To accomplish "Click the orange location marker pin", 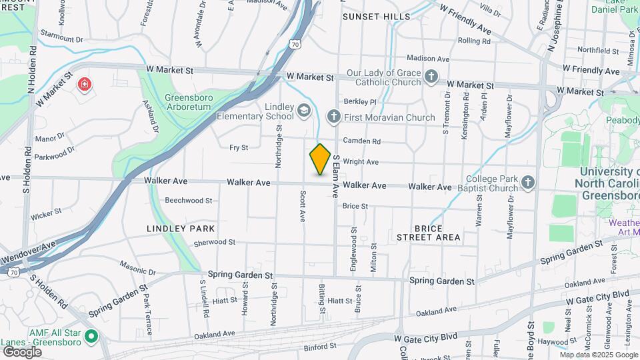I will [x=321, y=159].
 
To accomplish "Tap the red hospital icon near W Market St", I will [x=85, y=84].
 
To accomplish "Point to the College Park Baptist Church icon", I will [x=528, y=182].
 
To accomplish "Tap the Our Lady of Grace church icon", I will [x=431, y=76].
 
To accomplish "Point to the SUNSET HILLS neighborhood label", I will [x=376, y=17].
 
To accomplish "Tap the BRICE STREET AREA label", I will [x=428, y=233].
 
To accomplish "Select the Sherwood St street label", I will [x=214, y=243].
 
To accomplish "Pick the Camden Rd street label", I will [x=362, y=141].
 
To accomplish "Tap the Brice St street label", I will [x=355, y=207].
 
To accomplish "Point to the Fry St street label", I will [x=239, y=147].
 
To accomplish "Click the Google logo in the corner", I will [x=22, y=352].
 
